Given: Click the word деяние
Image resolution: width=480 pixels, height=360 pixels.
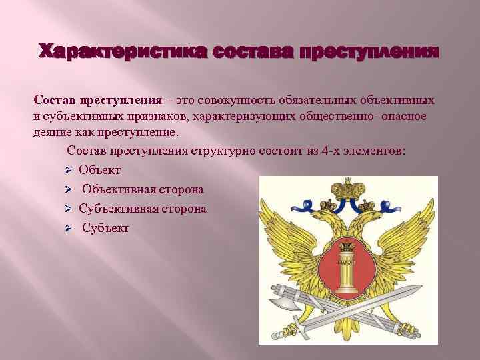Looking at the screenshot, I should (x=53, y=131).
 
